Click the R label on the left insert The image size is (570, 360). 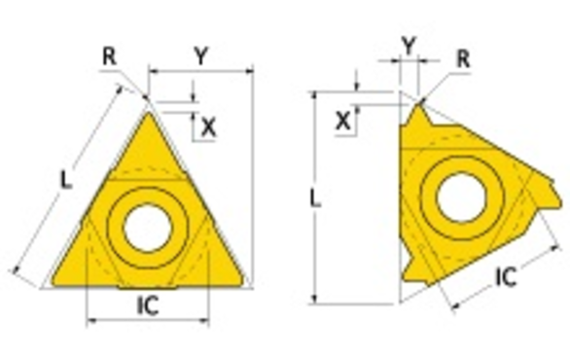(x=109, y=56)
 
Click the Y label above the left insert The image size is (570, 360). (x=199, y=57)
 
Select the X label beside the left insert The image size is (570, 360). (x=207, y=126)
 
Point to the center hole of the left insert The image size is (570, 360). (x=145, y=227)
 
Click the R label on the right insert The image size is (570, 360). (x=463, y=58)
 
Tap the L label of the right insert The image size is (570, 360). (x=315, y=198)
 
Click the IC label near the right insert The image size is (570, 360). (x=506, y=276)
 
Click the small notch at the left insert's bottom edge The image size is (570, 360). (x=147, y=287)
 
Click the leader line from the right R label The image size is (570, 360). (x=439, y=81)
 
